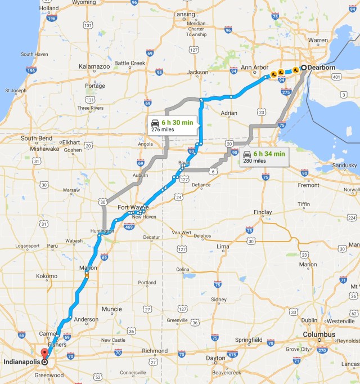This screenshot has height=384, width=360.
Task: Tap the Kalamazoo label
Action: pyautogui.click(x=78, y=66)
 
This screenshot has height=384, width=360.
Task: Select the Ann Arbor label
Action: pyautogui.click(x=255, y=68)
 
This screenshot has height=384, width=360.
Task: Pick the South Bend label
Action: pyautogui.click(x=37, y=138)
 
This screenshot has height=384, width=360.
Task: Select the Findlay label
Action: pyautogui.click(x=263, y=212)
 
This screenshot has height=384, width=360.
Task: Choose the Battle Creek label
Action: pyautogui.click(x=129, y=62)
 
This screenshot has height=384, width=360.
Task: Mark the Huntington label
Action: pyautogui.click(x=101, y=231)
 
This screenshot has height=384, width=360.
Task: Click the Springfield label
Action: pyautogui.click(x=248, y=340)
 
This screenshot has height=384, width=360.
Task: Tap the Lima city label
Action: pyautogui.click(x=223, y=247)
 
